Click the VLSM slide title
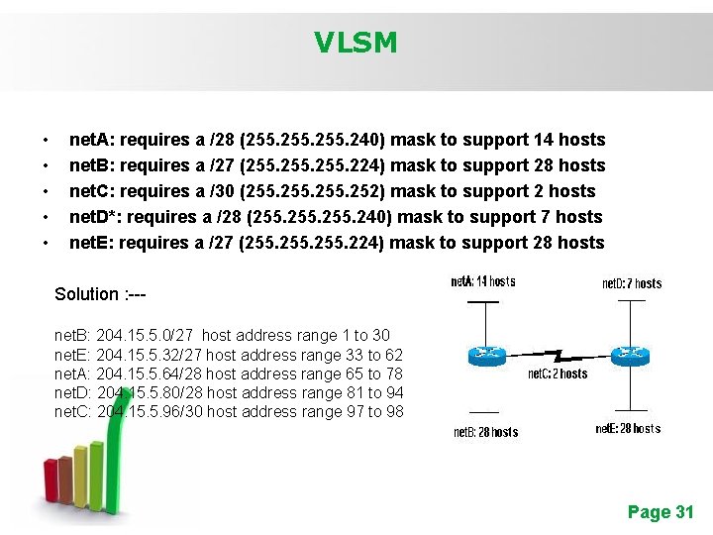(356, 43)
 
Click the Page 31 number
(661, 511)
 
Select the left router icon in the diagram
(486, 353)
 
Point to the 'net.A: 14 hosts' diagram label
(482, 281)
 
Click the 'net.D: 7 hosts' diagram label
(632, 283)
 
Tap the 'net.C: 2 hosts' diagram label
(557, 374)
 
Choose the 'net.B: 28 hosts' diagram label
(485, 432)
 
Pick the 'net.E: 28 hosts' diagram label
(628, 429)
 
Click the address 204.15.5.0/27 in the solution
(146, 336)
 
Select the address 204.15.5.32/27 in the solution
(150, 355)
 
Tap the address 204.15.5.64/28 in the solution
(150, 374)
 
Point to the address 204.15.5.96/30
(150, 411)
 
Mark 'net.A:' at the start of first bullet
(92, 140)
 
